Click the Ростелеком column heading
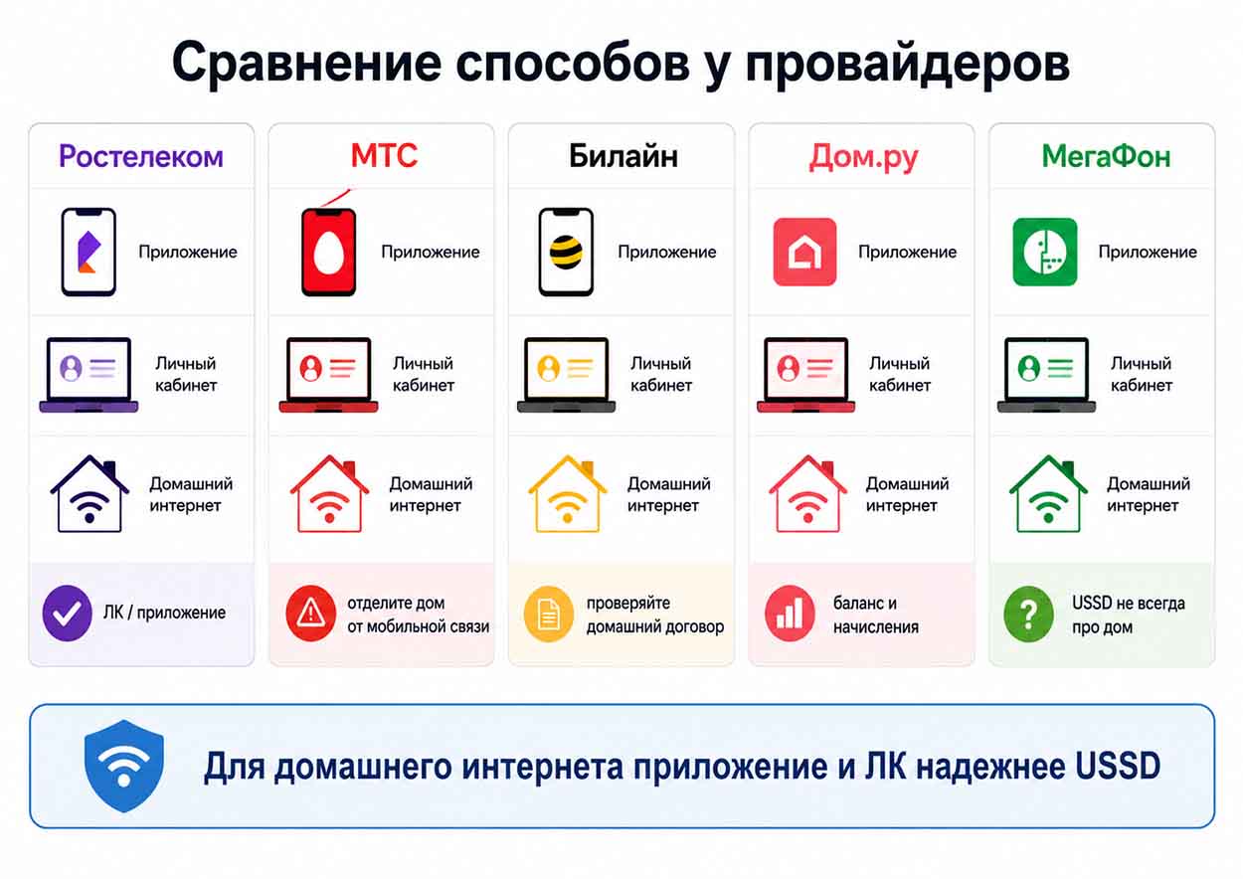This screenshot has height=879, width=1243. [x=141, y=156]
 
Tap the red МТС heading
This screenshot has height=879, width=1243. [x=384, y=155]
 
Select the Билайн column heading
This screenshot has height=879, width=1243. [x=623, y=156]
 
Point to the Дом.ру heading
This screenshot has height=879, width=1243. [x=863, y=157]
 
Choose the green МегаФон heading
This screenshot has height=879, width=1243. [x=1106, y=156]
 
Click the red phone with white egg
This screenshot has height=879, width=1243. [x=328, y=252]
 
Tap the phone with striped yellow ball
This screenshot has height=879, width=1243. [x=566, y=252]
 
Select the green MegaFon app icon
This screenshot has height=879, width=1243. [x=1045, y=252]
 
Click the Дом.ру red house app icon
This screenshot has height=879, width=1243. [x=804, y=252]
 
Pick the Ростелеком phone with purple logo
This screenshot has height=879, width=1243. [x=89, y=252]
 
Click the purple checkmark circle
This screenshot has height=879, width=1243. [x=68, y=614]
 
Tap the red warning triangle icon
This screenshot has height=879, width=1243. [x=310, y=614]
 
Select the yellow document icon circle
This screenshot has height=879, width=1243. [x=548, y=614]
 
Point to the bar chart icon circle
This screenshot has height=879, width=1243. [x=790, y=614]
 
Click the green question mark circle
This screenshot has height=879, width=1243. [x=1028, y=615]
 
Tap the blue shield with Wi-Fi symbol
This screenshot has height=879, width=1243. [x=123, y=766]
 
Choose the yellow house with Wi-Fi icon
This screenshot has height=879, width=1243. [x=567, y=494]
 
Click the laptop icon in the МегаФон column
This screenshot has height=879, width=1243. [x=1046, y=375]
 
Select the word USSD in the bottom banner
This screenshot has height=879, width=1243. [x=1118, y=767]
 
